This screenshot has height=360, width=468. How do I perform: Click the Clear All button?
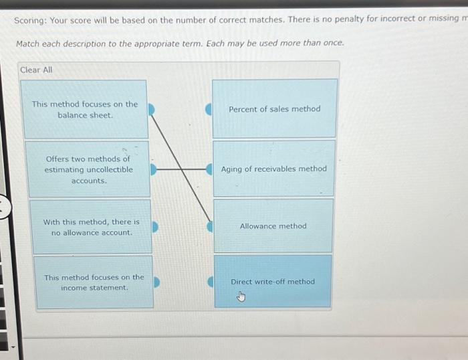[x=36, y=70]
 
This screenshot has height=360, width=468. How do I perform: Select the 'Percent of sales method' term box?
[x=275, y=108]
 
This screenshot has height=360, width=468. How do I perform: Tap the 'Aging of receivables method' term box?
[x=274, y=169]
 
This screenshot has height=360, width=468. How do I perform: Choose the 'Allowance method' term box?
[x=273, y=226]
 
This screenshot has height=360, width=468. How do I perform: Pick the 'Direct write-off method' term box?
[x=272, y=281]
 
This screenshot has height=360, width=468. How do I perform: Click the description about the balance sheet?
[x=84, y=109]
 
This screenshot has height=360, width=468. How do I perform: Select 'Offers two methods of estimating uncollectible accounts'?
[x=88, y=169]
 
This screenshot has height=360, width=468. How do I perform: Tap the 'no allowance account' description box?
[x=91, y=227]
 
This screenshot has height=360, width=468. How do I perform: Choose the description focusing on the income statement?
[x=94, y=282]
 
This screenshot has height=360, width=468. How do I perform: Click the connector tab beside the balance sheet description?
[x=152, y=108]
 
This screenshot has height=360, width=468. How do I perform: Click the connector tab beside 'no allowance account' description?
[x=156, y=227]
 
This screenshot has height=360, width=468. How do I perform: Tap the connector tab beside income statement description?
[x=158, y=282]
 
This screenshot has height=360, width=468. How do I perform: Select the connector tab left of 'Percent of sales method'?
[x=209, y=108]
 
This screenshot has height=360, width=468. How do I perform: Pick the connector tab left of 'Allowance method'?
[x=209, y=227]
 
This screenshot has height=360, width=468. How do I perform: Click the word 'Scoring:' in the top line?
[x=30, y=19]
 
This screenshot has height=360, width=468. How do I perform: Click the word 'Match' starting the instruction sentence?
[x=28, y=43]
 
